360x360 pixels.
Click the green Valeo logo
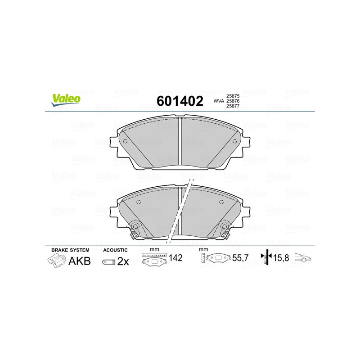(66, 100)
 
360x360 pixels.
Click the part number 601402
(180, 101)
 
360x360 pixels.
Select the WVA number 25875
(233, 96)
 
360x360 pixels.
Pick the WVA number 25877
(233, 106)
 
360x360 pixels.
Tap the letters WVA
(219, 101)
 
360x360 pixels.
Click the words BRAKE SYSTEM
(70, 250)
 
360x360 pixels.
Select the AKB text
(80, 261)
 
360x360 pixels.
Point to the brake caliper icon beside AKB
(56, 261)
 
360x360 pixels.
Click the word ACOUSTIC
(115, 250)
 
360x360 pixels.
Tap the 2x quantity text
(123, 261)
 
